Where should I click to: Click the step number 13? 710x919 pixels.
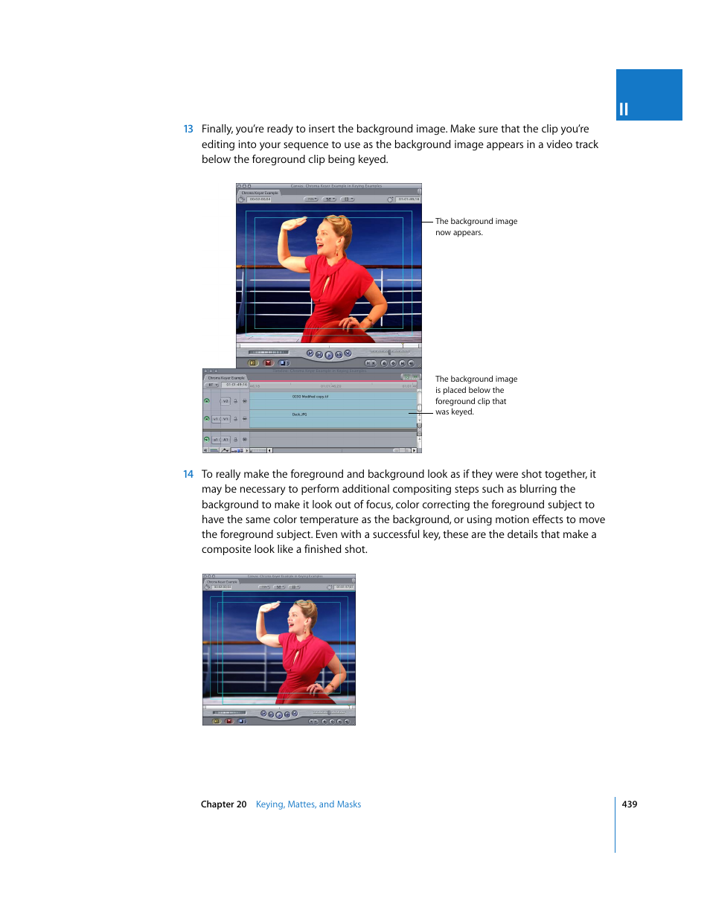(x=188, y=129)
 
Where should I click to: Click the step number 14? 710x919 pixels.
(x=188, y=475)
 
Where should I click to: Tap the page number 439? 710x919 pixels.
(x=630, y=804)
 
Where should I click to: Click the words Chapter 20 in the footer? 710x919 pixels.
(x=223, y=804)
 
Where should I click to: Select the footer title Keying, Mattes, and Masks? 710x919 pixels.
(x=308, y=804)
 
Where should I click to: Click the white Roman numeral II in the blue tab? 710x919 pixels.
(x=624, y=109)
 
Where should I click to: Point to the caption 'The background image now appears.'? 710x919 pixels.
(x=476, y=227)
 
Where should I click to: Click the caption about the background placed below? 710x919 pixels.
(x=476, y=395)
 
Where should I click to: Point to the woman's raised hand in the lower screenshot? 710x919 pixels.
(x=269, y=607)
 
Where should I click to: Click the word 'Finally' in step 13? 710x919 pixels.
(x=217, y=129)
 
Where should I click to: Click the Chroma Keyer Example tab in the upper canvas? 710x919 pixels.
(x=260, y=193)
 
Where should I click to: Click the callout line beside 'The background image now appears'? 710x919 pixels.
(x=427, y=222)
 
